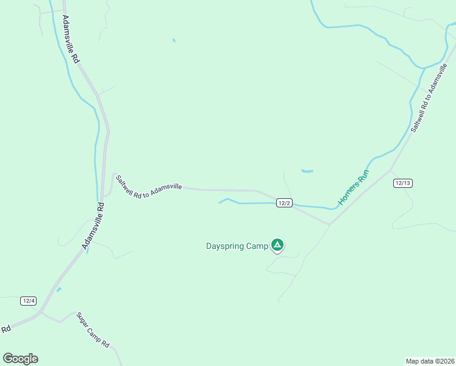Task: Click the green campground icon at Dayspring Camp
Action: pos(277,245)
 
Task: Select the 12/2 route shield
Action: pos(283,203)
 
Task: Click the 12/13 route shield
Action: pos(403,183)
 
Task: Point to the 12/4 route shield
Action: pos(29,301)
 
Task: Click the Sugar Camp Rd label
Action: pos(93,330)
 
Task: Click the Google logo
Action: pos(20,359)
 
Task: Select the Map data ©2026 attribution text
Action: pos(430,361)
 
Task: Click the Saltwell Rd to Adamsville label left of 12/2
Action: pos(148,186)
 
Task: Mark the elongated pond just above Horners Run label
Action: pos(307,171)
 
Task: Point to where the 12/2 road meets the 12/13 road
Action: pos(329,224)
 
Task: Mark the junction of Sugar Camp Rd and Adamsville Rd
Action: pos(40,313)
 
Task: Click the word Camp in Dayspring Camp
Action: pos(257,246)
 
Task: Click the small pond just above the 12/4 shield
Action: pos(59,289)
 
